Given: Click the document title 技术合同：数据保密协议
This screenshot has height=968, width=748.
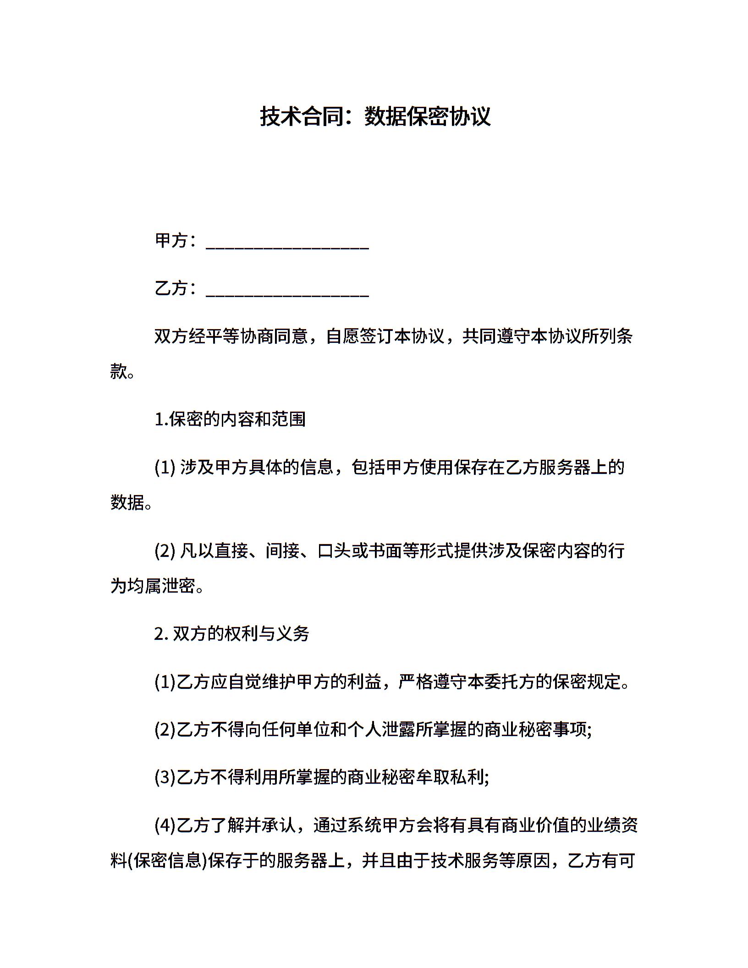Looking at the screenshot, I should pos(375,117).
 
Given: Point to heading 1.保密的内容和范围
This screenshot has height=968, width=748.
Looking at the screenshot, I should pos(230,419).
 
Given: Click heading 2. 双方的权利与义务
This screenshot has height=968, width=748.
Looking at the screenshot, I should pos(232,634).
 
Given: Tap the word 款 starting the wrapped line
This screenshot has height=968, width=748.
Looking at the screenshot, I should pos(118,371).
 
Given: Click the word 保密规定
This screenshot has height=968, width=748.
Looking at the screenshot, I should pos(586,682).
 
